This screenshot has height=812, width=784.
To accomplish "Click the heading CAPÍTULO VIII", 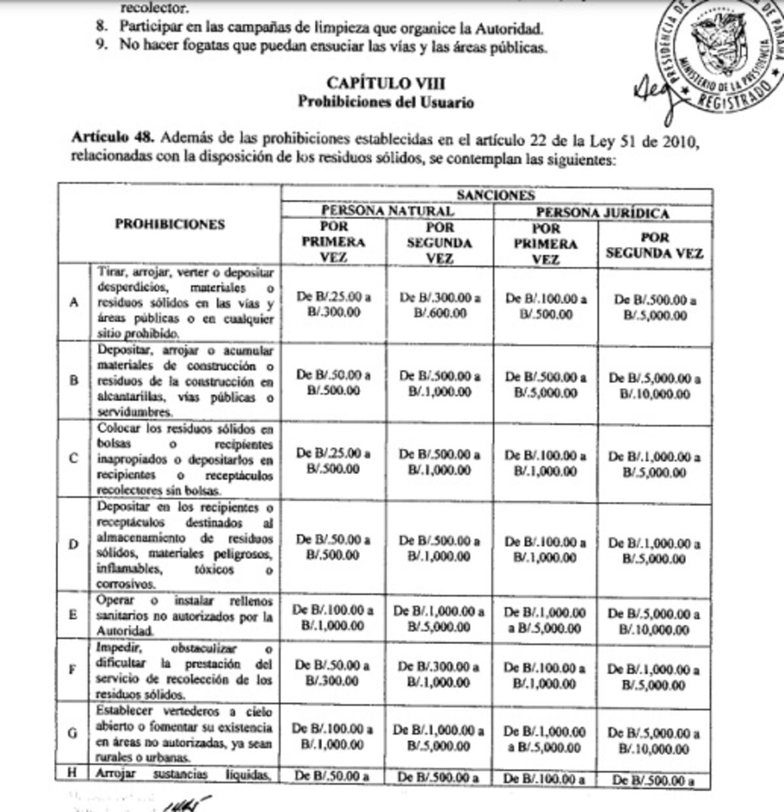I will (385, 83).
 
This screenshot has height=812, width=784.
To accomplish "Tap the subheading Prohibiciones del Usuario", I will (385, 102).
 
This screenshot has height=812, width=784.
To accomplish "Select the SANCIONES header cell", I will (496, 195).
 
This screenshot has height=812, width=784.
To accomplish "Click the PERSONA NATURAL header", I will (387, 211).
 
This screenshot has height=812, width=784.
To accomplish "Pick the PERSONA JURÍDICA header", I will (602, 212).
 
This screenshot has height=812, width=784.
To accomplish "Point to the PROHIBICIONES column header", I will (170, 224).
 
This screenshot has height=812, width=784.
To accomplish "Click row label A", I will (74, 302).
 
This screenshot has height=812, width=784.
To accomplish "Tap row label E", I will (73, 615).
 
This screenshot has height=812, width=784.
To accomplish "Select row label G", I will (73, 733).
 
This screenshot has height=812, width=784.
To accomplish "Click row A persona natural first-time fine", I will (334, 305).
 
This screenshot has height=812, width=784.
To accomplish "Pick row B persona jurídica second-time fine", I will (655, 386).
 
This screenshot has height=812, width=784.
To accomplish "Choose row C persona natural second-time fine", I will (439, 462).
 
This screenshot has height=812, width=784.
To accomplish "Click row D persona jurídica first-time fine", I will (546, 550).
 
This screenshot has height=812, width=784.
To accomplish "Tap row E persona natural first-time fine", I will (333, 618).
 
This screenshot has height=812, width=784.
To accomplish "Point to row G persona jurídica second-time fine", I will (654, 741).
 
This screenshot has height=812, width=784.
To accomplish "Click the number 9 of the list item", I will (101, 46).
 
